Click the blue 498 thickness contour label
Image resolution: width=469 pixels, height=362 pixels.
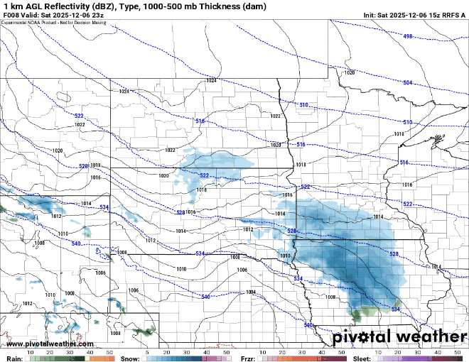(407, 36)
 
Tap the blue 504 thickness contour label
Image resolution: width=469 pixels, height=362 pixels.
(407, 83)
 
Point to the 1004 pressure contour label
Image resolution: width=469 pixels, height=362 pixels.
(250, 292)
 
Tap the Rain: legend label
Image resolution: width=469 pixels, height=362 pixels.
(14, 358)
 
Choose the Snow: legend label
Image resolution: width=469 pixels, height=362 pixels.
(130, 358)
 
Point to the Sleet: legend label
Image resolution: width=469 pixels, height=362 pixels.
(362, 358)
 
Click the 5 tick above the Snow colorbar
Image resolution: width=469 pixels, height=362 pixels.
(146, 352)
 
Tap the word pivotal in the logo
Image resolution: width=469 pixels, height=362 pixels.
(358, 336)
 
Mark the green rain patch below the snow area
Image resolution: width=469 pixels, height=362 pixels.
(366, 311)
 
